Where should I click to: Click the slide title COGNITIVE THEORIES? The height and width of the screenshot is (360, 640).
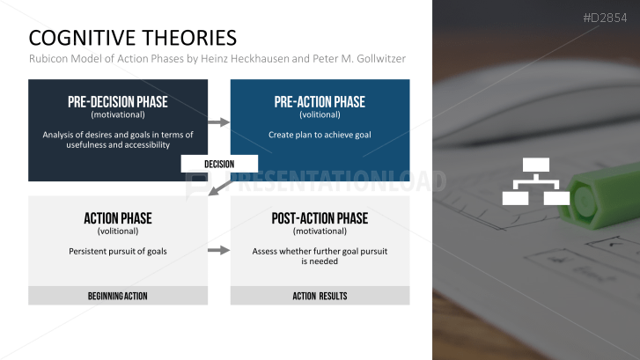click(132, 37)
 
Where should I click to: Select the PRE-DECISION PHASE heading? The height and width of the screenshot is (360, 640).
click(118, 101)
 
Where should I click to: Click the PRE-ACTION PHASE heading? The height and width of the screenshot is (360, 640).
click(320, 101)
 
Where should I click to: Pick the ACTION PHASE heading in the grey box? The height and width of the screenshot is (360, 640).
click(118, 218)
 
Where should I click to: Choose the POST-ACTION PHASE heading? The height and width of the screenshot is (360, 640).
click(320, 218)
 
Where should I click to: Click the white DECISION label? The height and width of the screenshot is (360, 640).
click(219, 164)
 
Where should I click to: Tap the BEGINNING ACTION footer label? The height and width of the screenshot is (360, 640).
click(118, 296)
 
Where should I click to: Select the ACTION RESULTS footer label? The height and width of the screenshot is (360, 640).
click(320, 296)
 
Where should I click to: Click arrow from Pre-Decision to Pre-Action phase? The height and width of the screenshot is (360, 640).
click(218, 122)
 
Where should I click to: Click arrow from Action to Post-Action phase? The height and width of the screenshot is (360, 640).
click(218, 251)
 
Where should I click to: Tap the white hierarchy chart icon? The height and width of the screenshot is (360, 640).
click(535, 181)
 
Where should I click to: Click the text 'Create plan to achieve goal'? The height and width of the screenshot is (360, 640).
click(320, 135)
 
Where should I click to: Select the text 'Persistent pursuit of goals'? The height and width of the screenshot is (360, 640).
click(118, 251)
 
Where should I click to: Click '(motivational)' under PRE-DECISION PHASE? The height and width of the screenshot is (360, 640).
click(118, 114)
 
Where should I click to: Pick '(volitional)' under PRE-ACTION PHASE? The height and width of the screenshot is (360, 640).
click(320, 114)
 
